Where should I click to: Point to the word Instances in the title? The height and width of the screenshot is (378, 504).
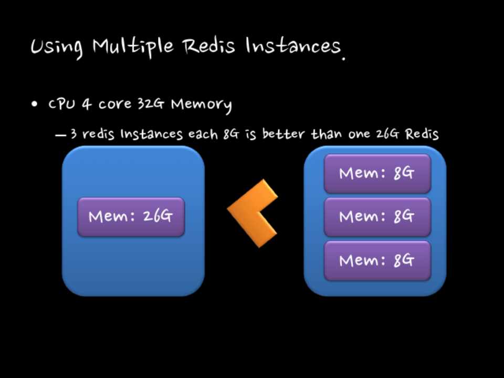click(x=293, y=46)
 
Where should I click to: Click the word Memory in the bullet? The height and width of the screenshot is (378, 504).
click(x=201, y=104)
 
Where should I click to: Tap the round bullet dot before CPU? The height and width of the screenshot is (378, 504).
click(x=35, y=104)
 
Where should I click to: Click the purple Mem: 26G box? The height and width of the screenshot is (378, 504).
click(x=131, y=216)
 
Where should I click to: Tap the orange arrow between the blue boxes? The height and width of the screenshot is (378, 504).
click(x=253, y=213)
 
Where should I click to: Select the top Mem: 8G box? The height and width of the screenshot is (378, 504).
click(x=377, y=174)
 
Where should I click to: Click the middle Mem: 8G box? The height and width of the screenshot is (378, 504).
click(x=377, y=217)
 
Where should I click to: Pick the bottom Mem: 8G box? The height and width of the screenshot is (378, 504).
click(x=377, y=260)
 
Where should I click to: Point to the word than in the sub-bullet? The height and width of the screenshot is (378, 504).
click(x=326, y=134)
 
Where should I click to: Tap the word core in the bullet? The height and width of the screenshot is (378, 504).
click(x=114, y=104)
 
